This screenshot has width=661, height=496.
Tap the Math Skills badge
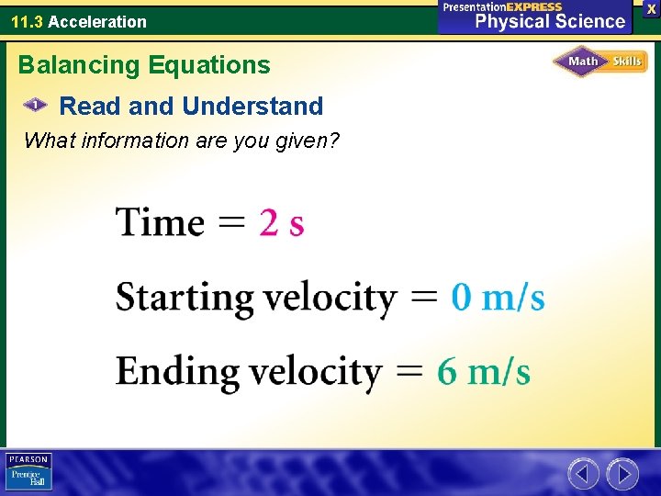(x=599, y=62)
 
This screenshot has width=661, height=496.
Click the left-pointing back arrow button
(x=583, y=474)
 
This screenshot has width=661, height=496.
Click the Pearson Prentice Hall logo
(x=28, y=472)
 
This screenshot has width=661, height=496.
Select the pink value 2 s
(x=282, y=223)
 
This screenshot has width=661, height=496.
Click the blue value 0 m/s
(x=498, y=298)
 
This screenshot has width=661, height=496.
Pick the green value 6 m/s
(x=483, y=372)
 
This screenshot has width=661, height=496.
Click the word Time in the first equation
(x=160, y=222)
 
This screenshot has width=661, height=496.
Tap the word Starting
(x=185, y=299)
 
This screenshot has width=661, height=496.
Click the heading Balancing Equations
(x=144, y=65)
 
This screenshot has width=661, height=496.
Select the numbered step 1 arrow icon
(x=35, y=106)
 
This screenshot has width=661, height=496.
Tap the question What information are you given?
(x=182, y=141)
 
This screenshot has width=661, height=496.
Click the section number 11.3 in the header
(x=27, y=21)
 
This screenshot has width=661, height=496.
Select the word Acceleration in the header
(x=96, y=21)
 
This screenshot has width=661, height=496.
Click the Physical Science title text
(x=549, y=21)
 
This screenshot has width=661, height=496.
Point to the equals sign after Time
(x=232, y=223)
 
